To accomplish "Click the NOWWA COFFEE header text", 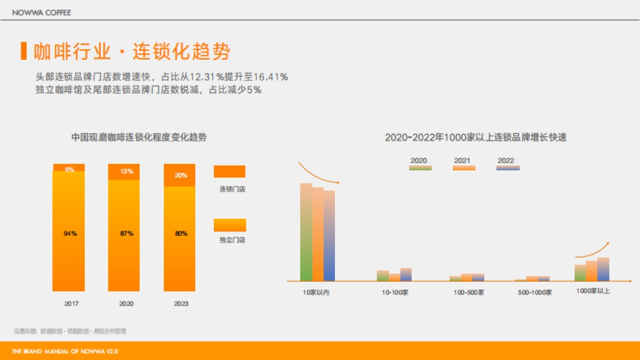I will point(42,12).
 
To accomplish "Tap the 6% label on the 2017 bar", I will point(69,170).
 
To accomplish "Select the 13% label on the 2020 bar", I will point(126,171).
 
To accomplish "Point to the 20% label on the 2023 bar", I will point(181,175).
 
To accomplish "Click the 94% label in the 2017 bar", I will point(70,234).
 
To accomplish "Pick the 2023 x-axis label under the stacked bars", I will point(181,304).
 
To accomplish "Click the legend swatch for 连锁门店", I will point(229,171).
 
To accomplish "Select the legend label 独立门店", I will point(232,241).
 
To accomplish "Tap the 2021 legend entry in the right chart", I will point(463,164).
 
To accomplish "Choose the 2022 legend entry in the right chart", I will point(507,164).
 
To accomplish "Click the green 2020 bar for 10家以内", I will point(306,232).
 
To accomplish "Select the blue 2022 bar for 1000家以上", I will point(603,269).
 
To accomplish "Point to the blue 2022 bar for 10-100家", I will point(406,274).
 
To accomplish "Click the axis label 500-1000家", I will point(534,292).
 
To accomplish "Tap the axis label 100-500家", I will point(469,292).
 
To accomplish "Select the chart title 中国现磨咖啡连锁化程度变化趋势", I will point(139,138).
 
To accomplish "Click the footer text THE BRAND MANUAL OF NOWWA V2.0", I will point(65,351).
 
